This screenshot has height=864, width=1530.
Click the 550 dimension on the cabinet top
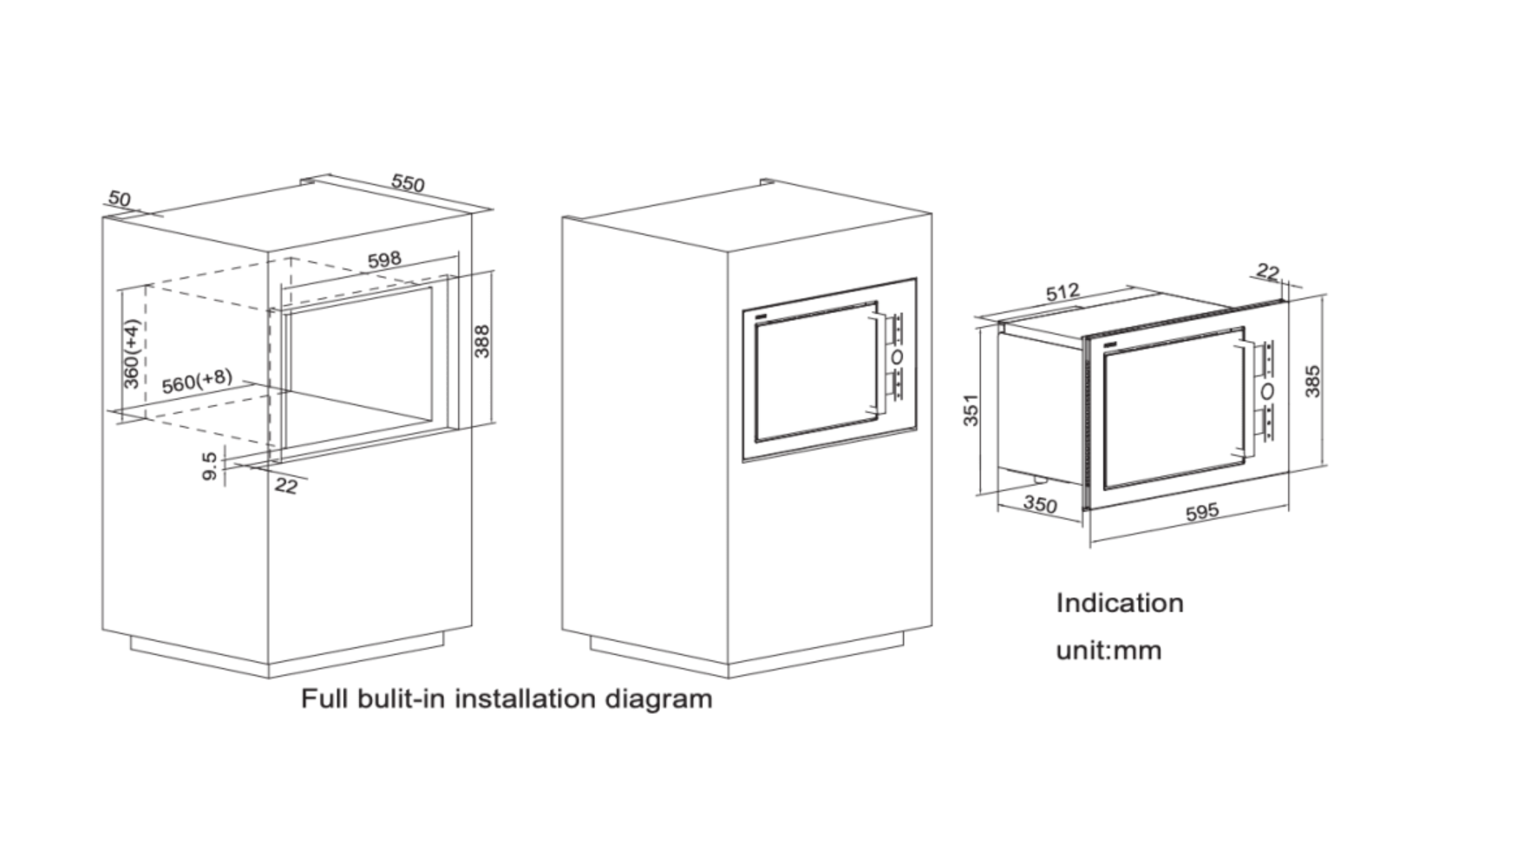point(408,183)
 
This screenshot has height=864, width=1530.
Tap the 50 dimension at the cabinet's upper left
point(119,199)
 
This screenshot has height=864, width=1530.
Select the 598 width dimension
point(384,259)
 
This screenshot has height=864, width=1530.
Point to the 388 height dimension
point(482,341)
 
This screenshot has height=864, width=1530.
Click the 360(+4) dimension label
point(131,354)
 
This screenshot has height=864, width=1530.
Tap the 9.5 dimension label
point(209,466)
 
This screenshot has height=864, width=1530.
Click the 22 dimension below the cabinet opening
point(285,486)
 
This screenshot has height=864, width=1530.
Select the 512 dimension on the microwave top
point(1062,292)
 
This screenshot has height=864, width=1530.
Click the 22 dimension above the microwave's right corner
point(1267,272)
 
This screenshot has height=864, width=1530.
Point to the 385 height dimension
point(1312,382)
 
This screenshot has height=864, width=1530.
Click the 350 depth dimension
point(1040,504)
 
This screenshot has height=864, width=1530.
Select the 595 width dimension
point(1201,512)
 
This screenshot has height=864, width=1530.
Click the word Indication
point(1119,603)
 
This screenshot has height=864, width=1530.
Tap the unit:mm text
point(1108,650)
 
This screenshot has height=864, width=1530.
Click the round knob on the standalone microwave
point(1267,391)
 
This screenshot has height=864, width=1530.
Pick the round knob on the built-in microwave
point(897,356)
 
